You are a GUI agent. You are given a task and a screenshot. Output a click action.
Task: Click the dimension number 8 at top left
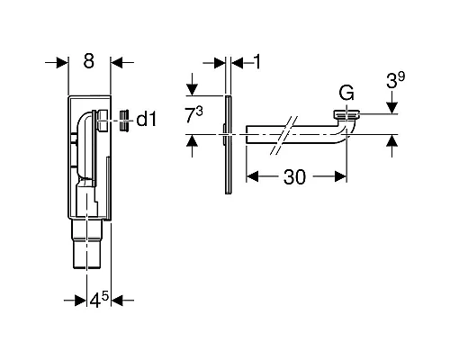(x=89, y=61)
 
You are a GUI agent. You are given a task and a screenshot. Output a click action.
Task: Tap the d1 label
(x=147, y=120)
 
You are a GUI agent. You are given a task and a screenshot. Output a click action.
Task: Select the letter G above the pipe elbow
(x=346, y=93)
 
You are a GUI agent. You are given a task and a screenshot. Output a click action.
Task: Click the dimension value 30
(x=295, y=177)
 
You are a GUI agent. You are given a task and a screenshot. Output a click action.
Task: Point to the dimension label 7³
(x=194, y=115)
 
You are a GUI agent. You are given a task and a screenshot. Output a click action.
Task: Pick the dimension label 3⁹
(x=395, y=80)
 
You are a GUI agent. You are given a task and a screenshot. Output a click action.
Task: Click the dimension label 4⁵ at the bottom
(x=99, y=300)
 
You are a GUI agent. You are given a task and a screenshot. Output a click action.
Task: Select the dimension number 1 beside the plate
(x=257, y=62)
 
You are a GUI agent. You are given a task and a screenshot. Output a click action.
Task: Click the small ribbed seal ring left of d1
(x=124, y=121)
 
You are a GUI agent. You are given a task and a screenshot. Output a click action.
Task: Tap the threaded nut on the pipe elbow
(x=346, y=114)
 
